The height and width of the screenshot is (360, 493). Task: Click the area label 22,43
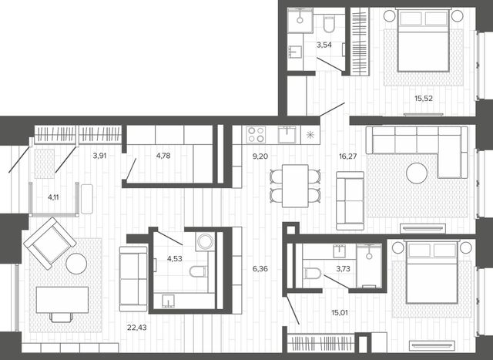coord(137,328)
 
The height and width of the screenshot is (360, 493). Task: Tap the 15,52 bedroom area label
coord(423,99)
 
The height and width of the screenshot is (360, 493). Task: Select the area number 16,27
coord(347,156)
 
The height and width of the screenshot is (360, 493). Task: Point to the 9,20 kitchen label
coord(260,156)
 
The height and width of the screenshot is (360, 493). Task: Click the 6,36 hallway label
coord(260,269)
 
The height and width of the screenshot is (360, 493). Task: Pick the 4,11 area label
coord(53,197)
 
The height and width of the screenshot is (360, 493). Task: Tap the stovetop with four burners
coord(256,135)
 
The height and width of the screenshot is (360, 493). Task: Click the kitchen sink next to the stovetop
coord(287,135)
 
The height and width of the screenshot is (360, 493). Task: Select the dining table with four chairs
coord(295,186)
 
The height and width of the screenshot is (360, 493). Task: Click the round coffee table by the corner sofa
coord(417,173)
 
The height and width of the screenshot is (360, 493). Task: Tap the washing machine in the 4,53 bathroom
coord(205,242)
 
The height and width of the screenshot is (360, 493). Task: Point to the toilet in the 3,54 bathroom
coord(329,24)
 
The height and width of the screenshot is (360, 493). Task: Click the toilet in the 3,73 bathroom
coord(311,273)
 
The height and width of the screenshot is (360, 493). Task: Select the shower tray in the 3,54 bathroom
coord(300,20)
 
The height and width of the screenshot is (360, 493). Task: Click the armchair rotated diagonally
coord(50,244)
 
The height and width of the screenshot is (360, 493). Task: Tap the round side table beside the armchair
coord(76,264)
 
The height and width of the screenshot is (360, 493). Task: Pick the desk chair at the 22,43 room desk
coord(62,318)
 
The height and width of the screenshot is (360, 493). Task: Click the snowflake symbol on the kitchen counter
coord(310,135)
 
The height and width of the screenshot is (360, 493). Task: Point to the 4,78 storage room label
coord(163,156)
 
